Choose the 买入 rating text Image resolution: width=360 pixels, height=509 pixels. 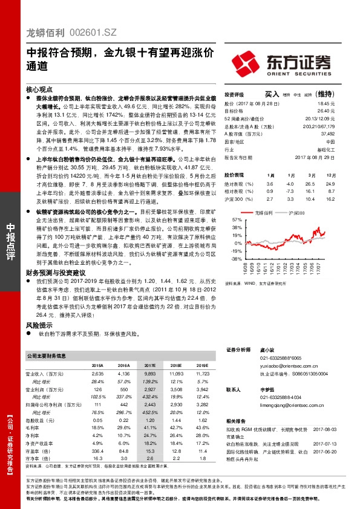pos(272,94)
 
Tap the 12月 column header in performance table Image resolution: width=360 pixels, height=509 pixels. pos(330,175)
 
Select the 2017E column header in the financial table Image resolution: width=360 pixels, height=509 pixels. pos(149,366)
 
